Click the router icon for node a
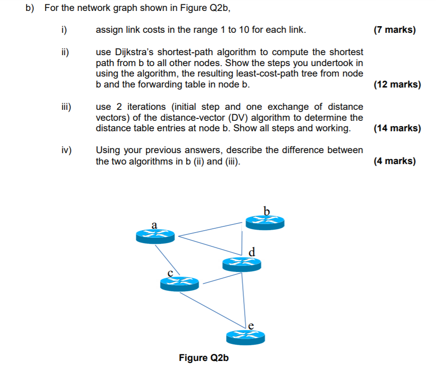pyautogui.click(x=155, y=235)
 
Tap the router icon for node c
pyautogui.click(x=179, y=283)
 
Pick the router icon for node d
pyautogui.click(x=241, y=263)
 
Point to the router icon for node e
pyautogui.click(x=245, y=337)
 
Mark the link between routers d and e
pyautogui.click(x=244, y=300)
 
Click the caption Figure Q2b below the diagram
pyautogui.click(x=204, y=358)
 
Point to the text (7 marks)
pyautogui.click(x=394, y=30)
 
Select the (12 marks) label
pyautogui.click(x=397, y=85)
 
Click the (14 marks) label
pyautogui.click(x=397, y=128)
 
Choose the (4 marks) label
pyautogui.click(x=394, y=161)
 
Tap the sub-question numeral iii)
pyautogui.click(x=65, y=107)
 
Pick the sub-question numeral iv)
pyautogui.click(x=66, y=150)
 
